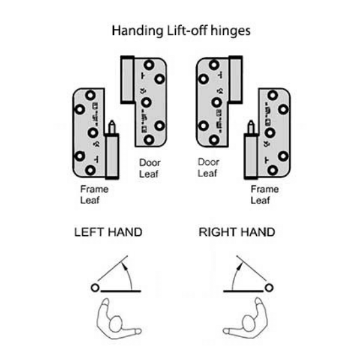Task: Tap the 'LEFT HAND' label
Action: tap(108, 232)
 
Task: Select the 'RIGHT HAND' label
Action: tap(237, 232)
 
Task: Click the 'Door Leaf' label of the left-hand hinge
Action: tap(149, 168)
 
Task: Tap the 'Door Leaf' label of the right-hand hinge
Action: tap(208, 168)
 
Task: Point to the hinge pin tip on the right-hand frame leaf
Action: tap(250, 126)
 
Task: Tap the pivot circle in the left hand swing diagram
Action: tap(95, 287)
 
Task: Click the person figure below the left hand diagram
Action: tap(117, 321)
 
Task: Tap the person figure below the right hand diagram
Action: tap(245, 321)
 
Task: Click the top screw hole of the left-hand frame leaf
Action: tap(91, 95)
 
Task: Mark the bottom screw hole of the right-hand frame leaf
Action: tap(272, 170)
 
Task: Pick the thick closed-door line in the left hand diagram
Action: tap(121, 290)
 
